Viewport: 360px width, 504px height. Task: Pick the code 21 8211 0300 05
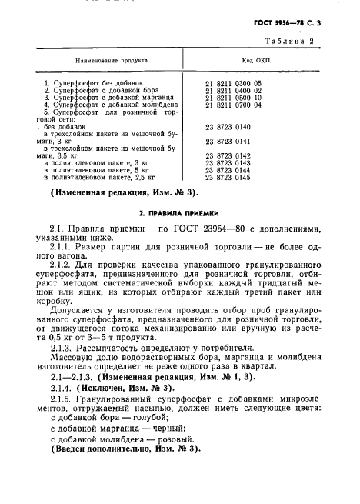point(234,82)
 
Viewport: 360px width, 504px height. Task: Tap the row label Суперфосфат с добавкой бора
point(101,90)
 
